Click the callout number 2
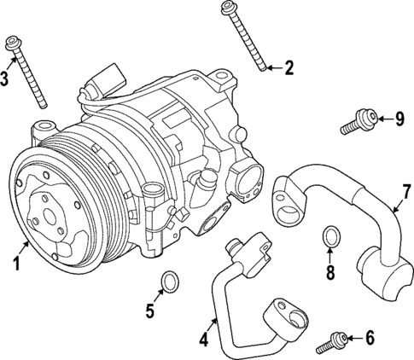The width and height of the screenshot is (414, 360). point(288,67)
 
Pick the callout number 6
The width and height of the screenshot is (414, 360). point(369,338)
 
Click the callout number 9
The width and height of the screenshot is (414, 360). point(397,118)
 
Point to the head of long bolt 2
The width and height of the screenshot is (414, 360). point(229,9)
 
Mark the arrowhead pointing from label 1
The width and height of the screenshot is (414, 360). point(32,241)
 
